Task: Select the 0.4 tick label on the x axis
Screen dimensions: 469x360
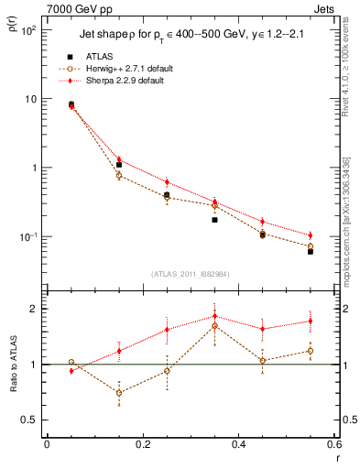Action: pyautogui.click(x=239, y=445)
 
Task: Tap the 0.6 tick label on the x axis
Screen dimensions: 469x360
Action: pyautogui.click(x=334, y=445)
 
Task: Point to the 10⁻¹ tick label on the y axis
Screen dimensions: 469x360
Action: pyautogui.click(x=28, y=237)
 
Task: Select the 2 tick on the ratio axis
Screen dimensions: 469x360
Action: pyautogui.click(x=33, y=309)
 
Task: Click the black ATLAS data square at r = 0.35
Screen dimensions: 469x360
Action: pyautogui.click(x=214, y=220)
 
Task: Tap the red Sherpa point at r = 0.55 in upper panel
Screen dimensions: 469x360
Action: pyautogui.click(x=311, y=235)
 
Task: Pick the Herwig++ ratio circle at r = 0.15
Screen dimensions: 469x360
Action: pyautogui.click(x=119, y=392)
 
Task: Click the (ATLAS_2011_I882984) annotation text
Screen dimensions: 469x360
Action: pyautogui.click(x=190, y=273)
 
